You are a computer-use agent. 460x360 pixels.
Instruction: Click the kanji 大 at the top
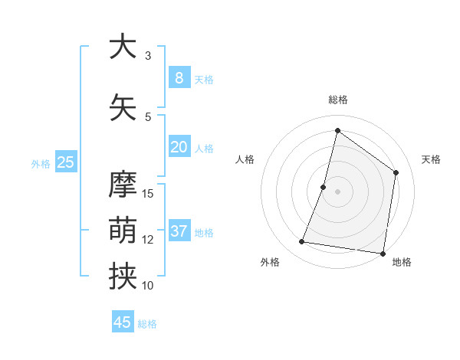[x=123, y=47]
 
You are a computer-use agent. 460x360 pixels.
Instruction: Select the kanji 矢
[x=123, y=107]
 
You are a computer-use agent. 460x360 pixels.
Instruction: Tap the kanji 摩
[x=123, y=185]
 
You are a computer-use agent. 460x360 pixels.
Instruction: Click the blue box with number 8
[x=179, y=78]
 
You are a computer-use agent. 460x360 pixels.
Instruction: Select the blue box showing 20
[x=179, y=147]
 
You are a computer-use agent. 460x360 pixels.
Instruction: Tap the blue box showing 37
[x=179, y=231]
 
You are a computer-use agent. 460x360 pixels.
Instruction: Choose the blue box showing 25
[x=65, y=162]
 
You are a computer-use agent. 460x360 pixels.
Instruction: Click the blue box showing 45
[x=123, y=322]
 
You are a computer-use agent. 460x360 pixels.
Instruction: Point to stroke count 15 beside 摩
[x=149, y=193]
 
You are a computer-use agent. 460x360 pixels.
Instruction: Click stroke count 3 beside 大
[x=148, y=56]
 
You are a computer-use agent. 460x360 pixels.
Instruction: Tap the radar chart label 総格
[x=338, y=100]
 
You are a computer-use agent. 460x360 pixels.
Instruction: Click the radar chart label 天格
[x=431, y=159]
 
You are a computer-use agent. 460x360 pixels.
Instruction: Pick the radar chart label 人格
[x=245, y=159]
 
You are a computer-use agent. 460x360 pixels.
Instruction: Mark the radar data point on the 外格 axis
[x=302, y=242]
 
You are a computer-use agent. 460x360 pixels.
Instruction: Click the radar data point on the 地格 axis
[x=383, y=253]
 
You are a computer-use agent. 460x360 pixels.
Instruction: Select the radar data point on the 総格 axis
[x=337, y=130]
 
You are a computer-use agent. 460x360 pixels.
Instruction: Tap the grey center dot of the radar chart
[x=337, y=191]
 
